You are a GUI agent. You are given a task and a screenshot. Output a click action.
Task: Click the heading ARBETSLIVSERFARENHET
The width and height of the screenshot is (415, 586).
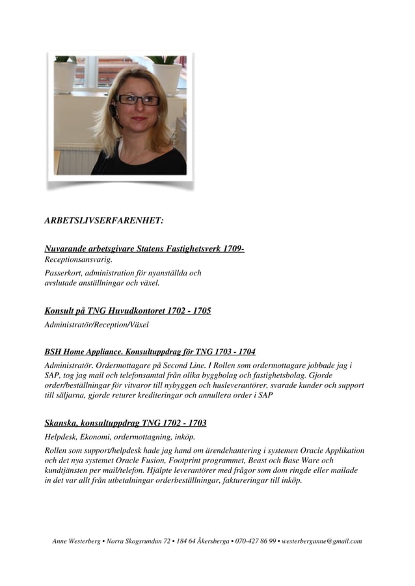(x=103, y=221)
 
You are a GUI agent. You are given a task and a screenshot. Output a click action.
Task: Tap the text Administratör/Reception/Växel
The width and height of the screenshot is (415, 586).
(x=97, y=324)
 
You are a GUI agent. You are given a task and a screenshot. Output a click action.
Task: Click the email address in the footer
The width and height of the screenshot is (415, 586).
(x=321, y=541)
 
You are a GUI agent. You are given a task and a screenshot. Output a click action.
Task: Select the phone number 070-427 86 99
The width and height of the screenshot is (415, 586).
(x=255, y=541)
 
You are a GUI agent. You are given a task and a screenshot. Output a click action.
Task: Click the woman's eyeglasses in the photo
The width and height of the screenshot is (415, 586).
(x=138, y=100)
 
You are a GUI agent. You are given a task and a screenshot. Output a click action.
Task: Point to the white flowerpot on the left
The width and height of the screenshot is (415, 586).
(x=64, y=76)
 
